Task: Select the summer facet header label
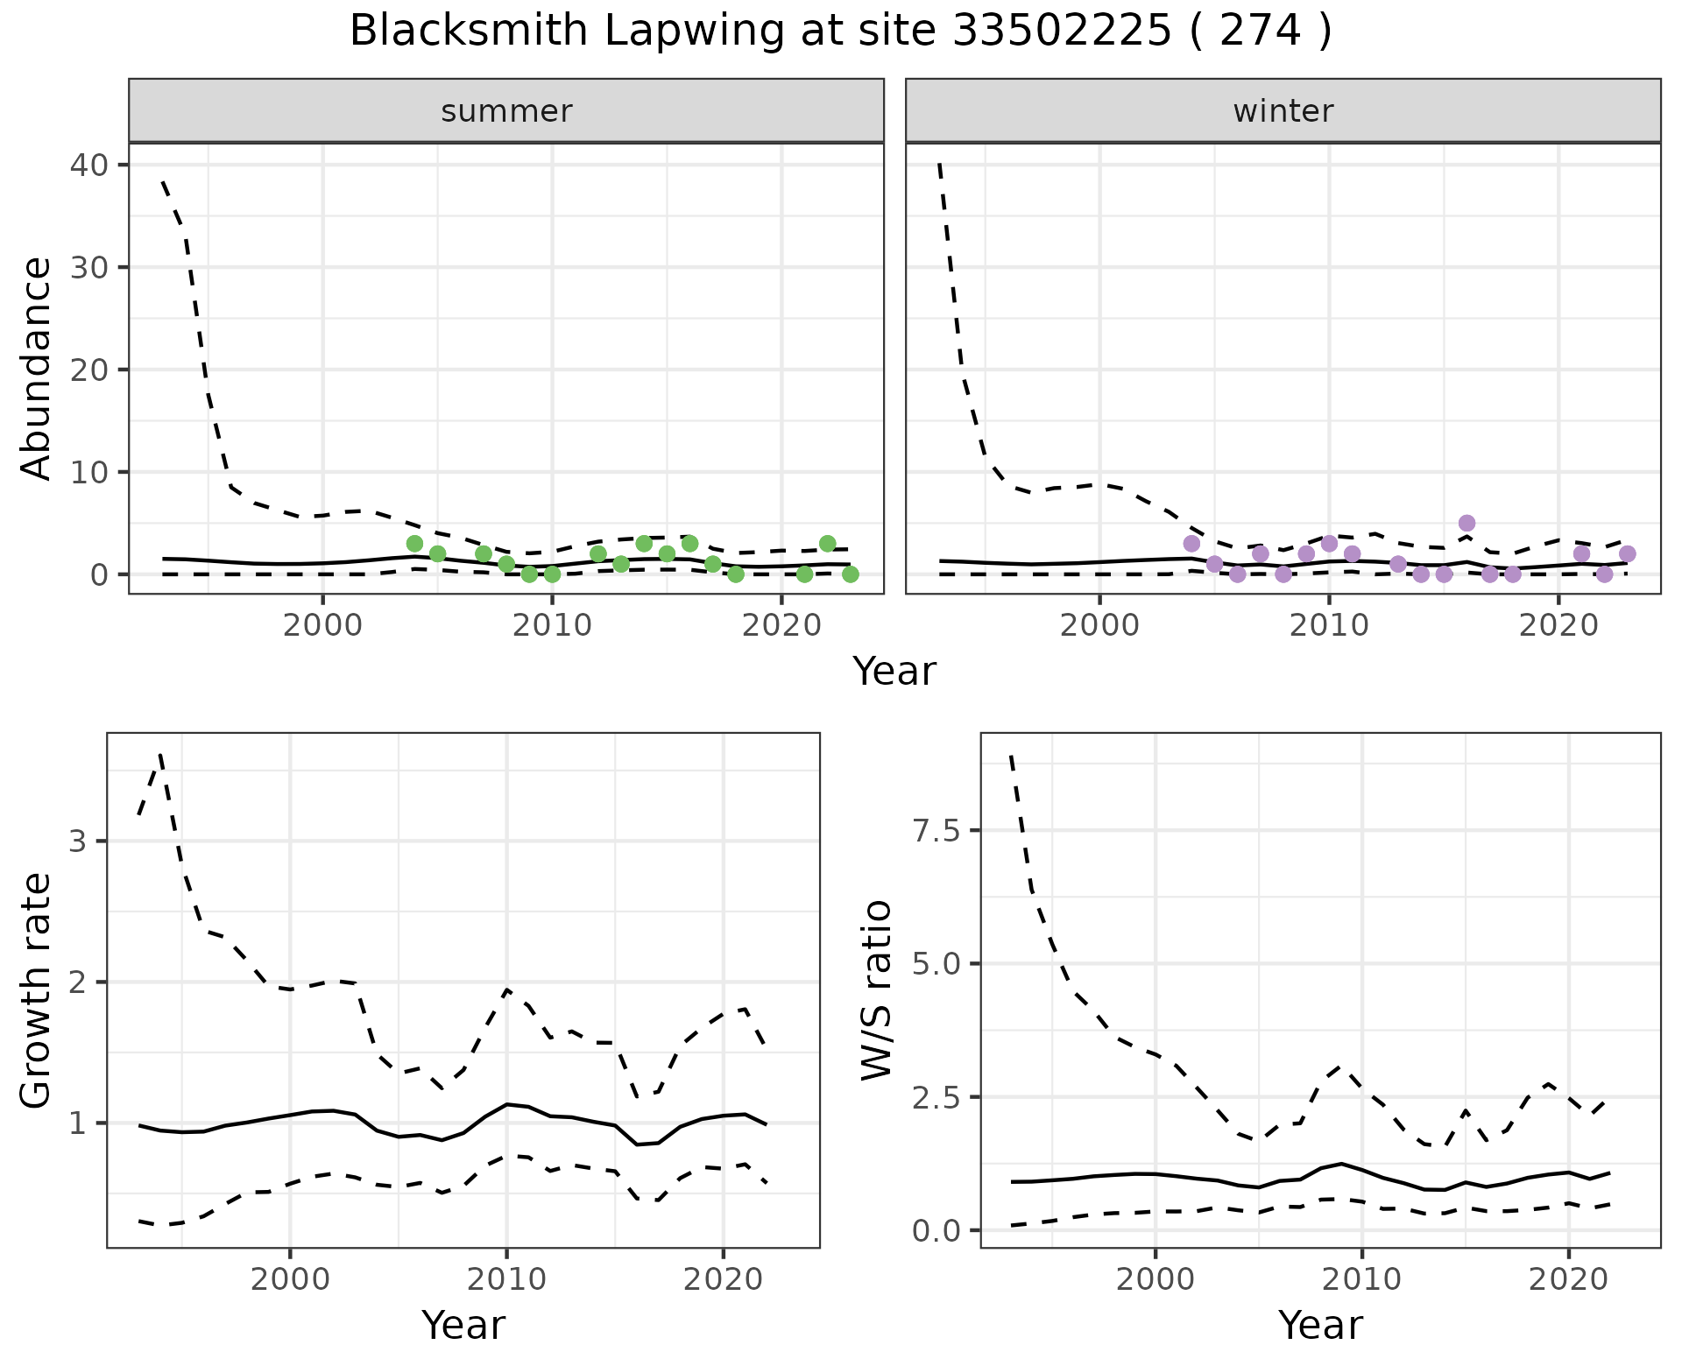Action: pos(506,111)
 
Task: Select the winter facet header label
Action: pos(1283,111)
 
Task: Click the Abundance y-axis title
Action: pos(37,369)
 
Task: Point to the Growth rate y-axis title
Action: pos(37,991)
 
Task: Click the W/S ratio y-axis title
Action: pos(876,991)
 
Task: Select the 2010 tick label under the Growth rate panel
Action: pos(506,1279)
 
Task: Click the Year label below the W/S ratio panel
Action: pos(1320,1325)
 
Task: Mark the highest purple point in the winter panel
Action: pos(1467,524)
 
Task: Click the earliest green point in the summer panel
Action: pos(414,544)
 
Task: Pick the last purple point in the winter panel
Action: pos(1628,553)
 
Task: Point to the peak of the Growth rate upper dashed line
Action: pos(160,755)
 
